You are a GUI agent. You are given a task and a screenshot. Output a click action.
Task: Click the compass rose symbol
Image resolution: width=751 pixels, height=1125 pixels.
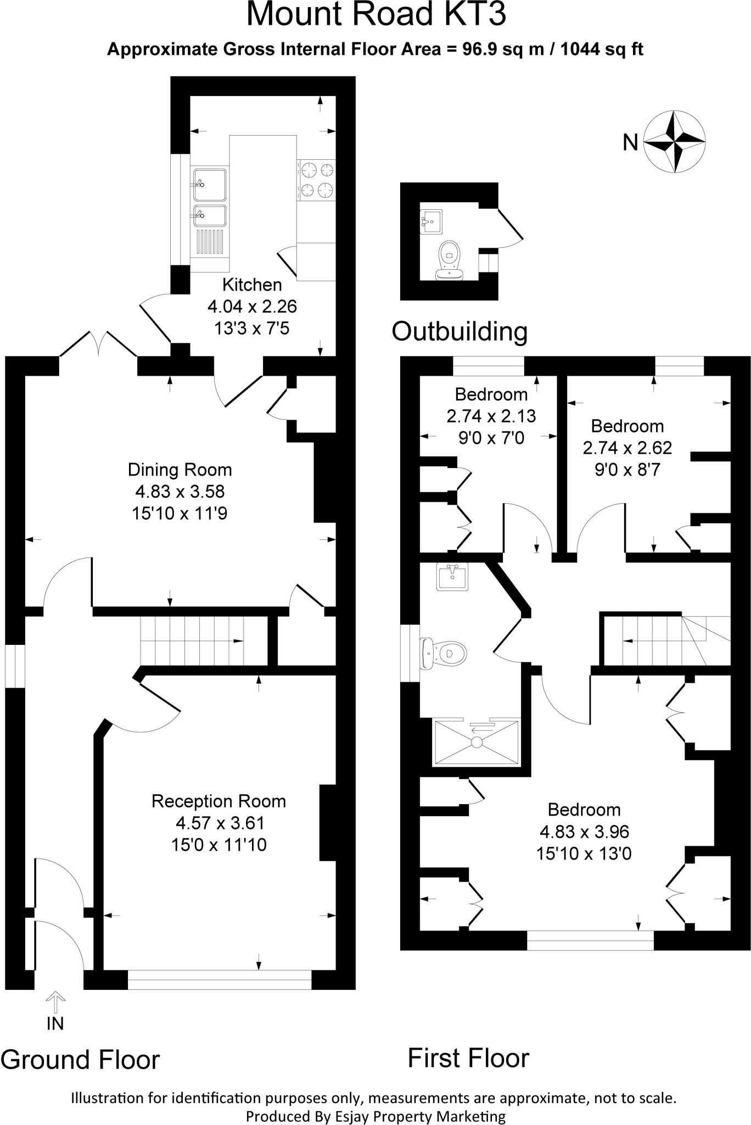click(x=674, y=142)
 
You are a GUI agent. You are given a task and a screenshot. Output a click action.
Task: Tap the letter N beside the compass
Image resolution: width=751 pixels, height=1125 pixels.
click(x=630, y=143)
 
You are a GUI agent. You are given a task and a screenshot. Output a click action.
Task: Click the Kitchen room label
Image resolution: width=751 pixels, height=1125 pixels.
click(x=252, y=285)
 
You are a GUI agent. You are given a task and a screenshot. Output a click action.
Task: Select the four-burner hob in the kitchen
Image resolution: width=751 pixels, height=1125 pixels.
click(x=317, y=179)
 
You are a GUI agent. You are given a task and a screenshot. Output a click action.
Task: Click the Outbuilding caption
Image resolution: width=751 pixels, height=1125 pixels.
click(x=459, y=331)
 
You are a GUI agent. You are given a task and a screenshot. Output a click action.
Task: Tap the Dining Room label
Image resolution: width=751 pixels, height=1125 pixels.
click(x=180, y=470)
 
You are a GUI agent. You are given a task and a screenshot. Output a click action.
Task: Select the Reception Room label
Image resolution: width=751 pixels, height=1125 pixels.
click(x=218, y=801)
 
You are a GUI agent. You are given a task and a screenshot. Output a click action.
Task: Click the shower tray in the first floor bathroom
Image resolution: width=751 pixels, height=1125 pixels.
click(x=477, y=742)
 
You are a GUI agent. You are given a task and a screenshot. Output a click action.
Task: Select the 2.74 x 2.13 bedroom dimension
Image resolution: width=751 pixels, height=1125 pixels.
click(x=491, y=416)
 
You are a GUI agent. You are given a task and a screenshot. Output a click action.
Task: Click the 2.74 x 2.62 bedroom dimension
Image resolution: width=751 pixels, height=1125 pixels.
click(x=627, y=448)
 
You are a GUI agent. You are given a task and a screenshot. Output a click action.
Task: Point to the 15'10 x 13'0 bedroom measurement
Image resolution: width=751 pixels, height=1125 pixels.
click(x=584, y=854)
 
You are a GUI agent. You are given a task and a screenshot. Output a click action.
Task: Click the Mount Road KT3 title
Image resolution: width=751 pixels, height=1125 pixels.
click(x=375, y=14)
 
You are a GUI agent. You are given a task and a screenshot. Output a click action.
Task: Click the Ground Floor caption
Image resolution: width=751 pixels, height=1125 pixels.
click(x=80, y=1060)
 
